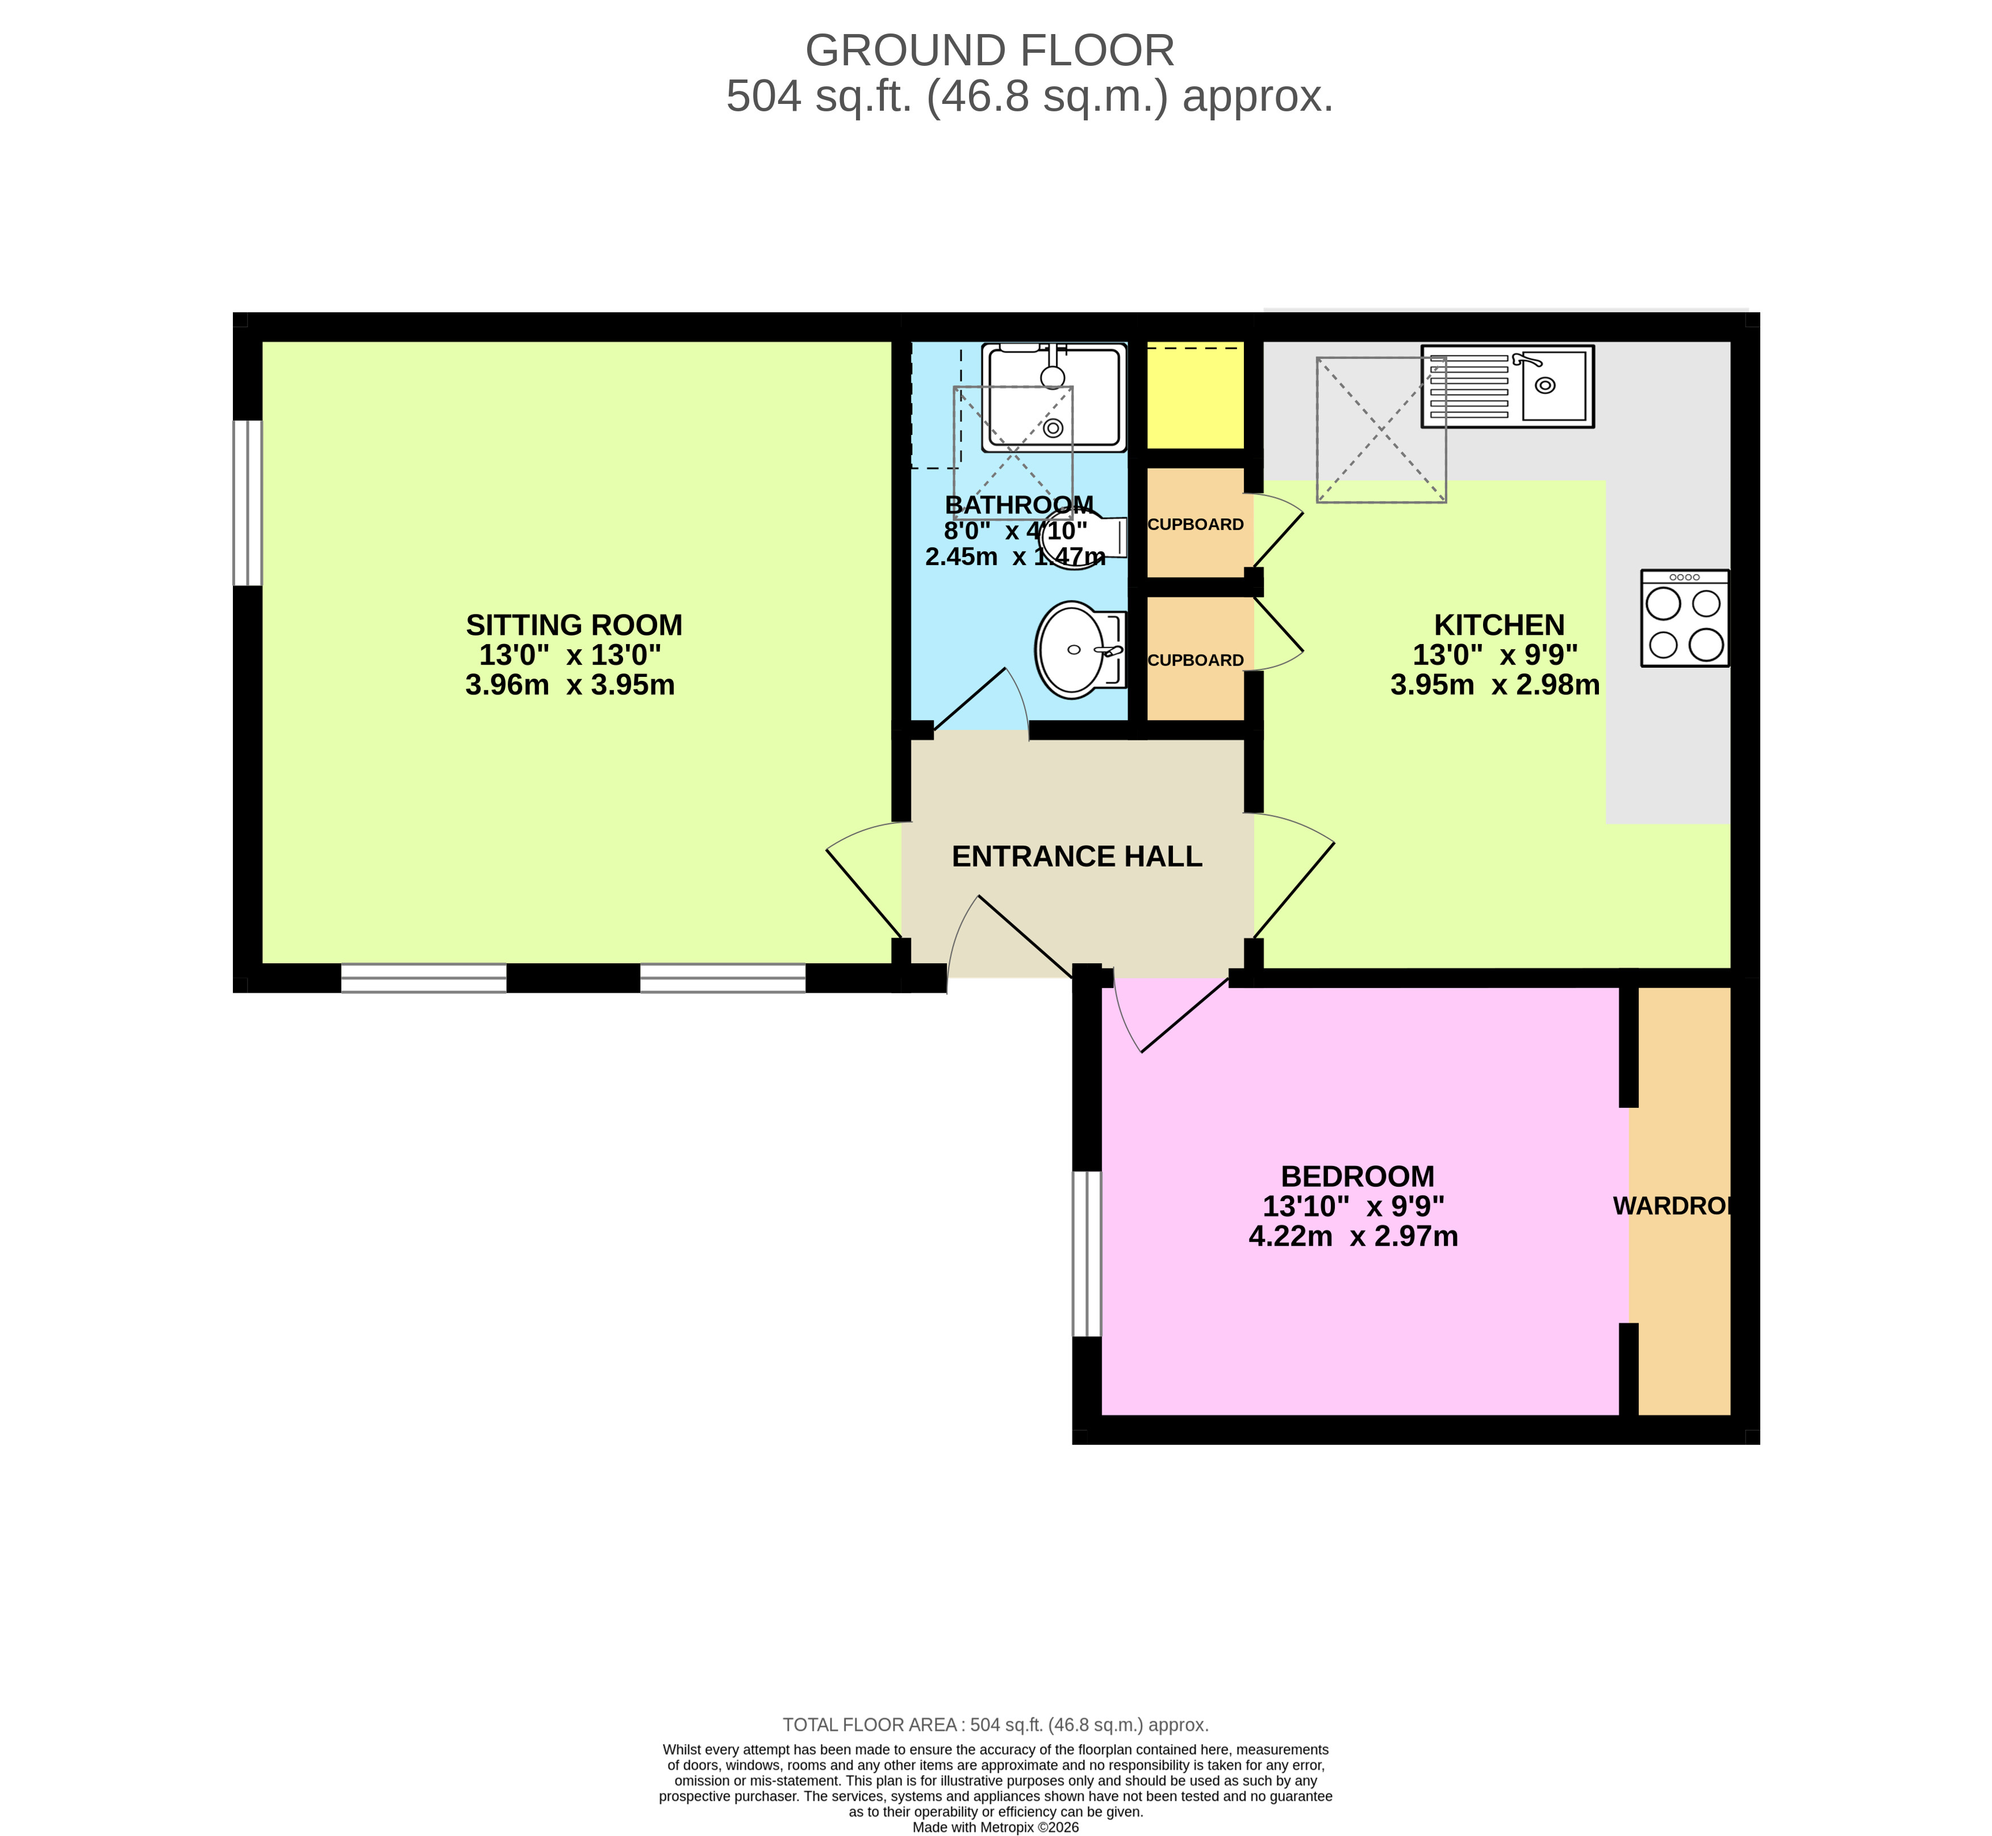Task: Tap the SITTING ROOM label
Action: click(x=574, y=625)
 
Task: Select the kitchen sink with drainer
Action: click(x=1506, y=387)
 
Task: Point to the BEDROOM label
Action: click(x=1357, y=1176)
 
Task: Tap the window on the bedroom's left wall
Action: click(x=1087, y=1254)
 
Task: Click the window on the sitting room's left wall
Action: click(x=248, y=503)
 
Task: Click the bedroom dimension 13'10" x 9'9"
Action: click(x=1353, y=1206)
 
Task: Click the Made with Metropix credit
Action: click(x=996, y=1827)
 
